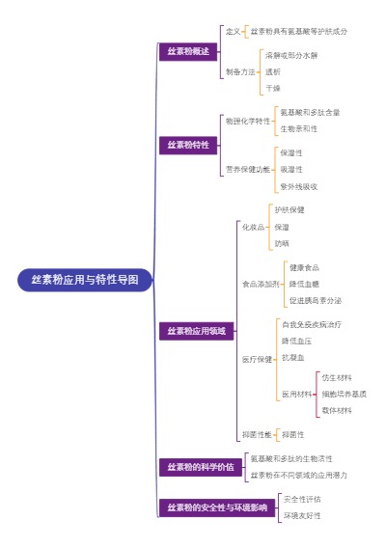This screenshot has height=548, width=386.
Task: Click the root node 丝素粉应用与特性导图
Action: coord(85,281)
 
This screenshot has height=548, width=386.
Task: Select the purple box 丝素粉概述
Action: coord(188,51)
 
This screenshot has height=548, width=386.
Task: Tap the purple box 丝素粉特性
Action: coord(188,146)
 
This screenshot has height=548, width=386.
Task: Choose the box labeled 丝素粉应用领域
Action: coord(195,331)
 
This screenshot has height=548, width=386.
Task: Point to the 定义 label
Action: coord(233,32)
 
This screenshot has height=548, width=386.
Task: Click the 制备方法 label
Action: coord(240,71)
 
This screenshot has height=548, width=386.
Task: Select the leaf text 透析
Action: coord(273,71)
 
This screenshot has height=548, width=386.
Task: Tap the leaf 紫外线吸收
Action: coord(298,186)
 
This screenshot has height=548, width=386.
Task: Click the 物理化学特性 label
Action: coord(247,121)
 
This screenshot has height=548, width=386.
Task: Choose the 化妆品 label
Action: coord(253,227)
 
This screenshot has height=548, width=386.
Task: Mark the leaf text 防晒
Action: coord(282,244)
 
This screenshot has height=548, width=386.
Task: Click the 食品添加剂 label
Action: coord(261,285)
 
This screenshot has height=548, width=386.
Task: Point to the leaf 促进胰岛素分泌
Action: coord(314,302)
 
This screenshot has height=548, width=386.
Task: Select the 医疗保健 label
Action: coord(257,359)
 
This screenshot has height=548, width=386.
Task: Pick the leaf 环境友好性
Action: coord(301,516)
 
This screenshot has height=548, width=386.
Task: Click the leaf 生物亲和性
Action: coord(298,128)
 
